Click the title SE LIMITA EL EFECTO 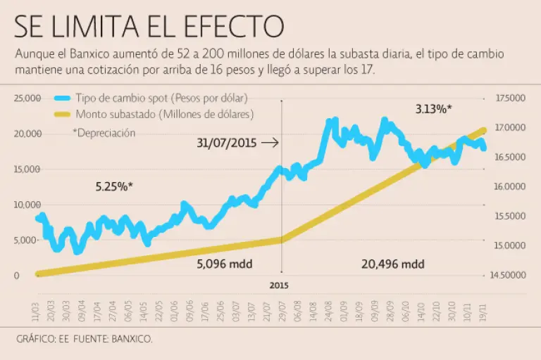[149, 26]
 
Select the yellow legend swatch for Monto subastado [63, 113]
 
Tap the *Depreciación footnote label [104, 132]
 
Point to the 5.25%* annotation [114, 187]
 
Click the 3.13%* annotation [433, 109]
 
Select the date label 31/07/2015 [226, 143]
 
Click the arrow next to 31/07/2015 [269, 143]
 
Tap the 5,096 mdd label [224, 264]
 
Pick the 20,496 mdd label [393, 264]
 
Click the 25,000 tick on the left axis [27, 98]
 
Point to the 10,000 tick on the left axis [27, 205]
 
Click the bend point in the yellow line [282, 240]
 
